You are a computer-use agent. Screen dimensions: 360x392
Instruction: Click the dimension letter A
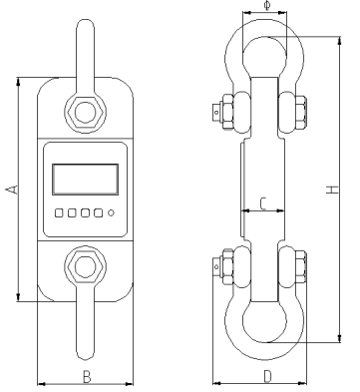pyautogui.click(x=12, y=190)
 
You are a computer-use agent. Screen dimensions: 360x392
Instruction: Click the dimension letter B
pyautogui.click(x=87, y=377)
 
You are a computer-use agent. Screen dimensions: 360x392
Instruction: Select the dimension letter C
pyautogui.click(x=263, y=203)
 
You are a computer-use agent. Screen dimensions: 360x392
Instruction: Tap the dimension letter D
pyautogui.click(x=267, y=377)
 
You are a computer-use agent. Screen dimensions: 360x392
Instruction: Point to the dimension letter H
pyautogui.click(x=332, y=190)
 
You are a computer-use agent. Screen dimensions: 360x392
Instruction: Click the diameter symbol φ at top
pyautogui.click(x=267, y=6)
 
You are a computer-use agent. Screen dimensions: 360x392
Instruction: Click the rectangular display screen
pyautogui.click(x=86, y=180)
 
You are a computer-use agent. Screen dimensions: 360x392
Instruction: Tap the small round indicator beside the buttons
pyautogui.click(x=111, y=212)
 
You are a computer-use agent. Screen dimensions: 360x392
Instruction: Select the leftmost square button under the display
pyautogui.click(x=59, y=212)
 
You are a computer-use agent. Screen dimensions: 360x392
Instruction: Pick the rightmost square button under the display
pyautogui.click(x=98, y=212)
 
